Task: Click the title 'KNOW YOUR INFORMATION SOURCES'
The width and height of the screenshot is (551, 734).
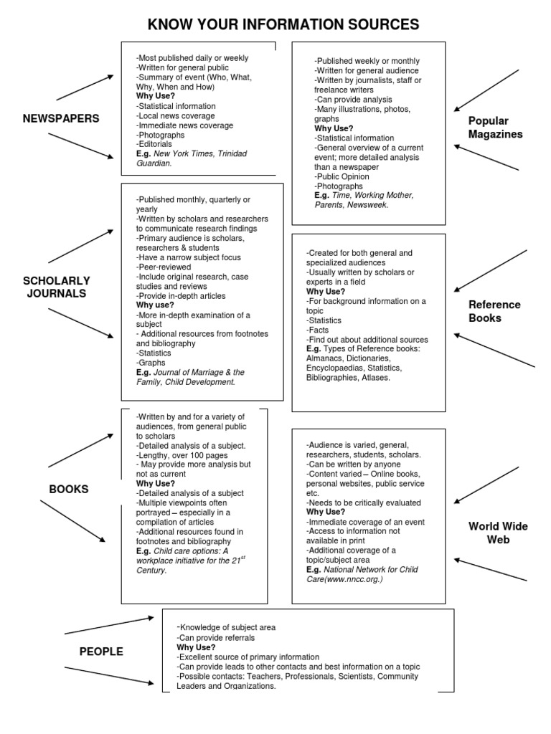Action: (283, 25)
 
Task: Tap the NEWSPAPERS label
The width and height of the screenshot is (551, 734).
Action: (61, 118)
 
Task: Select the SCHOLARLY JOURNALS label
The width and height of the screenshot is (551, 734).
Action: (57, 287)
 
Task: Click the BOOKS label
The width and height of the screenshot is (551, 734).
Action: (69, 489)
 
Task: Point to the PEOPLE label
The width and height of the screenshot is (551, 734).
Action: (101, 652)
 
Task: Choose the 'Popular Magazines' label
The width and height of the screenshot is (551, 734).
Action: (496, 128)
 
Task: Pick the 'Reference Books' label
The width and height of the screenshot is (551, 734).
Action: (494, 311)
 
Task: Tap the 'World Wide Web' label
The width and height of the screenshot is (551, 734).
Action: (498, 533)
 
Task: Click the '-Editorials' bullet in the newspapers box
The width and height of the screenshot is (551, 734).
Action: (154, 144)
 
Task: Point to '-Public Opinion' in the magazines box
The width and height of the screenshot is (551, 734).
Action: (342, 176)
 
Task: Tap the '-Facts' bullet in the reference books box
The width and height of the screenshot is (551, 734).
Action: (319, 330)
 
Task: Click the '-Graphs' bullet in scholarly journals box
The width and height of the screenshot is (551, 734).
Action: (151, 363)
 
